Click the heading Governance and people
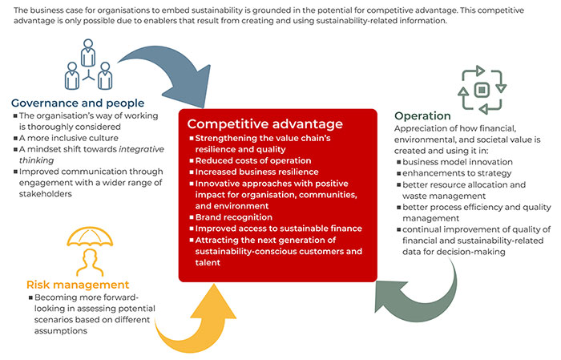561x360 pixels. click(78, 103)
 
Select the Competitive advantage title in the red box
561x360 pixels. click(264, 124)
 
